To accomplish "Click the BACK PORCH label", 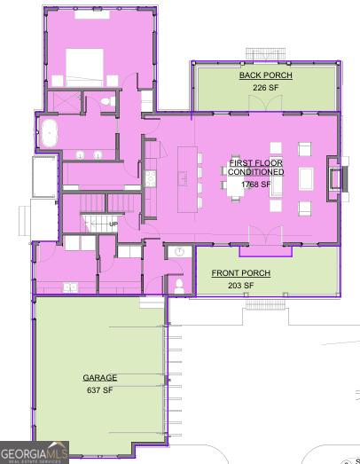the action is point(266,75).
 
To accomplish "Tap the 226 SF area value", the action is point(266,88).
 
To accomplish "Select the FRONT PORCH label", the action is point(241,273).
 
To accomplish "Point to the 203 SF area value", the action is point(241,286).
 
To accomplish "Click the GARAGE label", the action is point(100,378).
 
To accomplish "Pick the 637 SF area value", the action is point(100,390).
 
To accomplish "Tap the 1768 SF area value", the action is point(256,184).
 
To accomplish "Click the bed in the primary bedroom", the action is point(84,67).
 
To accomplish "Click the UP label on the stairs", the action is point(113,224).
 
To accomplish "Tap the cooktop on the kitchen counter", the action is point(150,178).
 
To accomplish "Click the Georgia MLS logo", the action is point(35,452).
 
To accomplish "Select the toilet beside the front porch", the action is point(179,287).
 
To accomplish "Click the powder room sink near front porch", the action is point(179,252).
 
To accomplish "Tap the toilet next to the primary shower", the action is point(108,101).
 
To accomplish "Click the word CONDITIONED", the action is point(256,171).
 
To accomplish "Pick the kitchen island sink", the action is point(183,178).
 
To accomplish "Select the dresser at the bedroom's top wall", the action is point(92,14).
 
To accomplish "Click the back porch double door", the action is point(265,103).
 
